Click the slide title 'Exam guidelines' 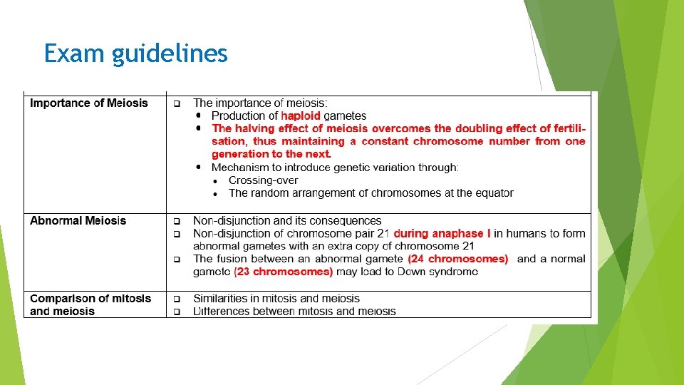click(135, 53)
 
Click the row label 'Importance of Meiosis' click(89, 103)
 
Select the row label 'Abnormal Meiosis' click(78, 221)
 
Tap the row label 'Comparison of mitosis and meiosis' click(90, 305)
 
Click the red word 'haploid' click(301, 116)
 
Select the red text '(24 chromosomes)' click(458, 259)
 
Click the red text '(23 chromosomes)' click(284, 272)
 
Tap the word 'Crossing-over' click(263, 180)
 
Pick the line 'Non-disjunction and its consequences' click(287, 221)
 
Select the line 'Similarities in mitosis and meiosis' click(276, 299)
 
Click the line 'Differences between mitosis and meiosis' click(294, 312)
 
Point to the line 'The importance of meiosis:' click(261, 103)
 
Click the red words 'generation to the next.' click(271, 155)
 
